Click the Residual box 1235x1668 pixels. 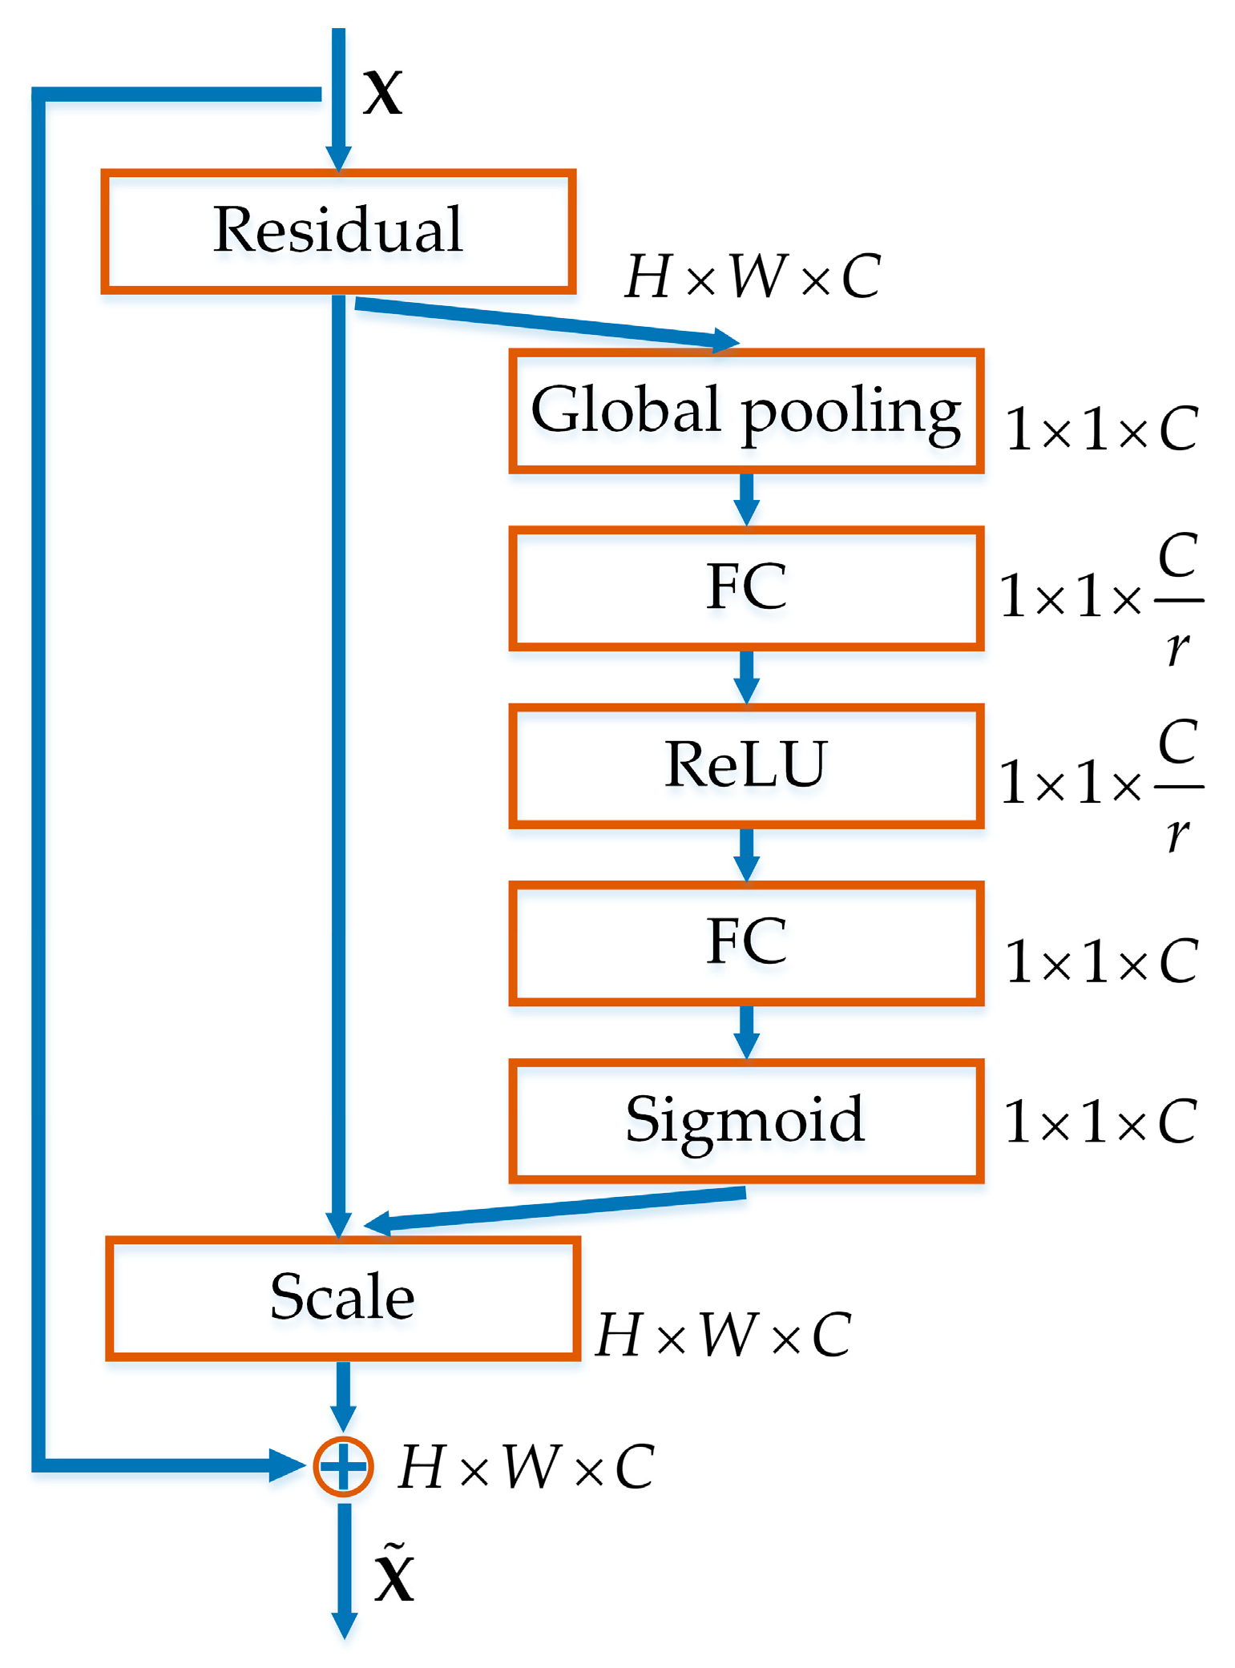point(338,231)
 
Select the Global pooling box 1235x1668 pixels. point(745,411)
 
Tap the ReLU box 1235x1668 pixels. point(745,765)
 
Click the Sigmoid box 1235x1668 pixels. point(745,1120)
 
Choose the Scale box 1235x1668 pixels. point(342,1298)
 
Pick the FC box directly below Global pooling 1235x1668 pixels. point(745,587)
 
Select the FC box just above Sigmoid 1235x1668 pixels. point(745,943)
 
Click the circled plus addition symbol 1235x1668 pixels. point(343,1466)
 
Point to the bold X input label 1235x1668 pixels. point(383,93)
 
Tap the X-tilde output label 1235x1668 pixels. point(394,1574)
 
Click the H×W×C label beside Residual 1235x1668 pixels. point(752,276)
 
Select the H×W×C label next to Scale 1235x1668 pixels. point(723,1335)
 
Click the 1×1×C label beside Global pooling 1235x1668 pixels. point(1100,429)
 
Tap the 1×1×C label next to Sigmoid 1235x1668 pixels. point(1100,1121)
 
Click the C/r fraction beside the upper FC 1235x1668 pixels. point(1177,599)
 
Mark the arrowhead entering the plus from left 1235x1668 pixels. point(289,1465)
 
